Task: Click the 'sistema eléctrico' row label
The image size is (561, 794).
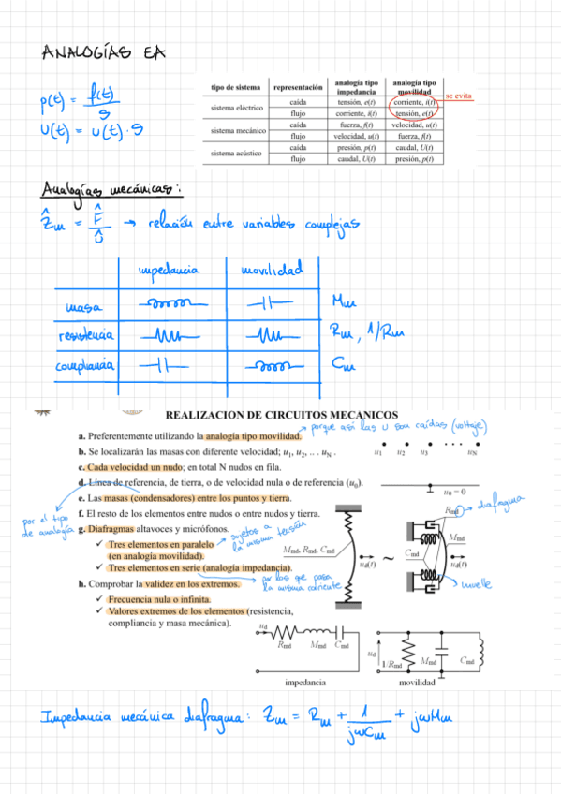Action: [236, 108]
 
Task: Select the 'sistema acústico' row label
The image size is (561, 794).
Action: [235, 153]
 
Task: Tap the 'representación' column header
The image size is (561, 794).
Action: [298, 87]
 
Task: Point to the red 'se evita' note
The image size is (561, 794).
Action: [459, 96]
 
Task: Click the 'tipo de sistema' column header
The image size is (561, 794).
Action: [235, 87]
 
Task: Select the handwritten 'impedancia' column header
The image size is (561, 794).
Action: [169, 272]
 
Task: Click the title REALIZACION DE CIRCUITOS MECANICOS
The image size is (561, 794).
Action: [281, 415]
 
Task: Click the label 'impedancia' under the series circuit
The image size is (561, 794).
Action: [303, 683]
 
